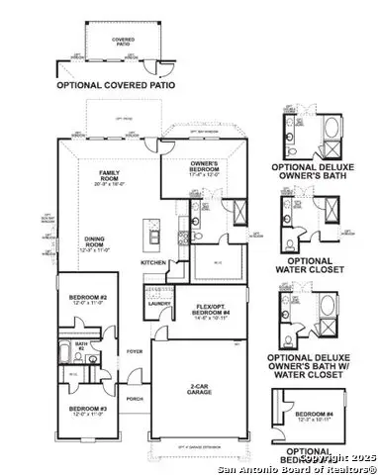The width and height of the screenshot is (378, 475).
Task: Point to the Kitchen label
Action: coord(153,262)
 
